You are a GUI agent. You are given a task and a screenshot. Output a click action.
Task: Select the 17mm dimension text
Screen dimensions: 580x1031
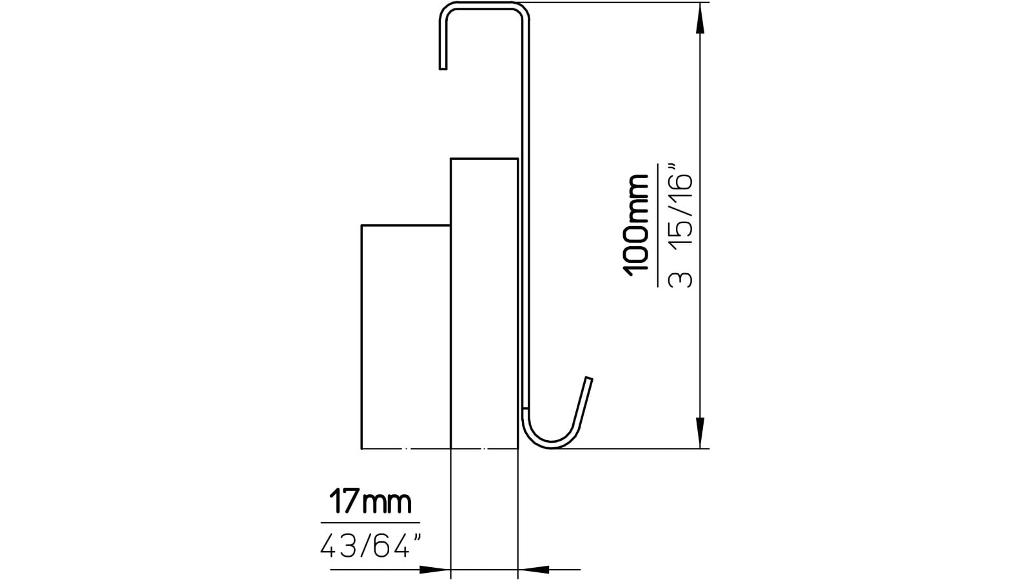click(370, 502)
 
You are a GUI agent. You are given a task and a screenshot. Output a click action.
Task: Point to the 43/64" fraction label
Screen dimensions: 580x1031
click(371, 547)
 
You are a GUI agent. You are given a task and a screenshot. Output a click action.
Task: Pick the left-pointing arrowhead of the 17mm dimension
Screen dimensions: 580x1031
click(534, 569)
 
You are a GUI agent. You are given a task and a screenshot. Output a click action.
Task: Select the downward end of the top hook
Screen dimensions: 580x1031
click(443, 65)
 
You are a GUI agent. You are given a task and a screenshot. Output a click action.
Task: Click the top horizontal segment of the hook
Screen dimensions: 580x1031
click(483, 6)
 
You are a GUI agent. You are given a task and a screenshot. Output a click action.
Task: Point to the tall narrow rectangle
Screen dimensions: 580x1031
click(484, 303)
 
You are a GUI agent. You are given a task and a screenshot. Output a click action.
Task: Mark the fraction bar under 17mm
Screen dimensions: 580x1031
click(370, 523)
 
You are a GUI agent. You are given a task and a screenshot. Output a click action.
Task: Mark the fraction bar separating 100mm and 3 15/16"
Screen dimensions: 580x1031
click(658, 225)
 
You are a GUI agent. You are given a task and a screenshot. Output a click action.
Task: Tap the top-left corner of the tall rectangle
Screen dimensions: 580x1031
click(451, 159)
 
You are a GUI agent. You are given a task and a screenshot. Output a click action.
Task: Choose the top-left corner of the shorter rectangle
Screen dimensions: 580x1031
click(362, 226)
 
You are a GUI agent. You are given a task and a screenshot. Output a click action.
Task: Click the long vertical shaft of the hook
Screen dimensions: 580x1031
click(525, 213)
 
